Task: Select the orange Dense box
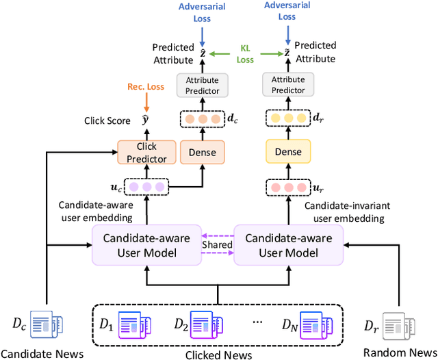[203, 152]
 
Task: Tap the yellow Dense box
[287, 152]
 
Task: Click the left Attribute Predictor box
[203, 86]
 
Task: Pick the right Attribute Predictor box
[287, 86]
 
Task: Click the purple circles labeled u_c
[149, 186]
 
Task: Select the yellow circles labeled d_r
[287, 118]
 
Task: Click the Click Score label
[107, 120]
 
